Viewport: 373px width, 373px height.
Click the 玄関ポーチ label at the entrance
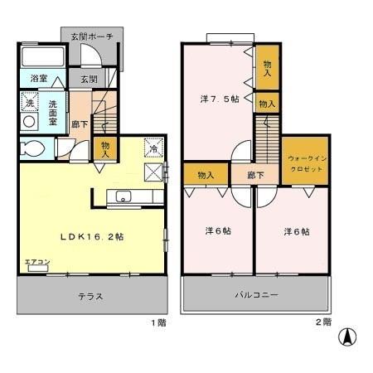pos(93,36)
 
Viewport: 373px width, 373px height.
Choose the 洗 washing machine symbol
pos(29,104)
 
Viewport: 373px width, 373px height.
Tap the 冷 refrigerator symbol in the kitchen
pos(153,148)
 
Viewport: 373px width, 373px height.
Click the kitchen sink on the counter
pos(124,196)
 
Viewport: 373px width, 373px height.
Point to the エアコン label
pos(36,262)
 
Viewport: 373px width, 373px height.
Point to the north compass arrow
pos(349,337)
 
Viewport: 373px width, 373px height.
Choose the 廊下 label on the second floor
pos(244,176)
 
